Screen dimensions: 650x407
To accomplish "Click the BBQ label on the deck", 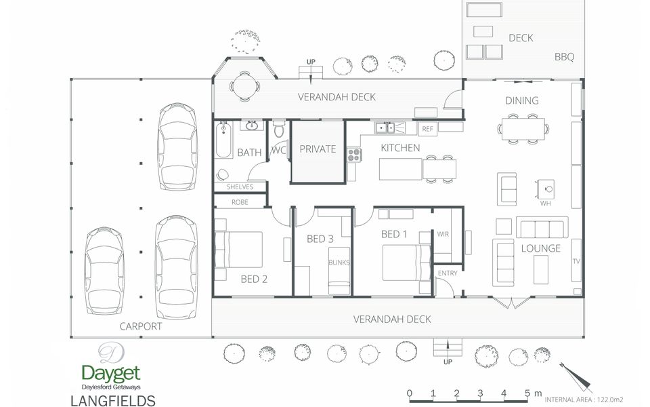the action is click(x=564, y=57).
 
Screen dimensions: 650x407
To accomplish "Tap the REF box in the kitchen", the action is click(x=427, y=129).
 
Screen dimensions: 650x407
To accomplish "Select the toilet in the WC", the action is click(x=279, y=129).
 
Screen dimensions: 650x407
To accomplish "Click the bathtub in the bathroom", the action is click(x=223, y=140).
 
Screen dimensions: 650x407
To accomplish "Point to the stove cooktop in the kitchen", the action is click(x=354, y=155).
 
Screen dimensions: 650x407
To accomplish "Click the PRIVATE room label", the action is click(x=318, y=149).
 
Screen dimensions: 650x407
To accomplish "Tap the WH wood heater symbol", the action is click(x=546, y=189).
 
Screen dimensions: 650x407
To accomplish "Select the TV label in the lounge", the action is click(x=576, y=261).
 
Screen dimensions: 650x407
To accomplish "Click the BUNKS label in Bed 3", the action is click(x=339, y=263).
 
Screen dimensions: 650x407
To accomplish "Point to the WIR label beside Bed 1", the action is click(x=443, y=234).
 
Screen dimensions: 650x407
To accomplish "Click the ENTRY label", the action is click(x=448, y=273).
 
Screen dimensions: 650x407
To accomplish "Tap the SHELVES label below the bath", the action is click(x=240, y=187).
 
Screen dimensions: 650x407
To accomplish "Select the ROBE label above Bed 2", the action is click(x=240, y=202).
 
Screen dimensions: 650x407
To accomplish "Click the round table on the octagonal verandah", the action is click(x=244, y=87).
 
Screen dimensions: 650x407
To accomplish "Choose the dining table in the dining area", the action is click(x=523, y=129).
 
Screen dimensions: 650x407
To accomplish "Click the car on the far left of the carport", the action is click(x=104, y=271).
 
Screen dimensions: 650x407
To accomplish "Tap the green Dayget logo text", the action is click(x=110, y=374).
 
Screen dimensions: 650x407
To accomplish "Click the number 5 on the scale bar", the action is click(x=527, y=393).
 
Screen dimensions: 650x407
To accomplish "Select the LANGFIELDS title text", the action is click(x=113, y=401).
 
